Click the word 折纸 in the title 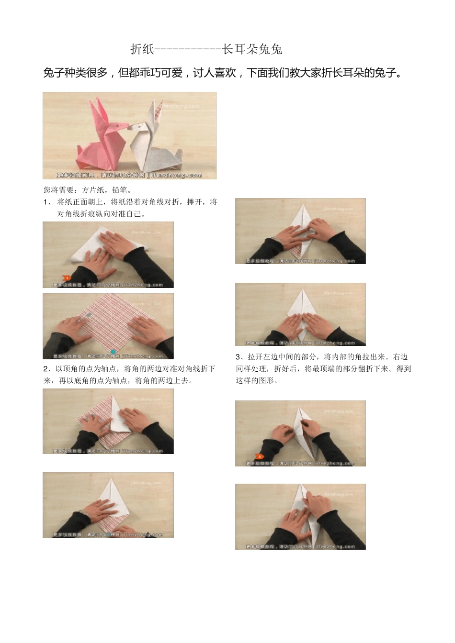[142, 49]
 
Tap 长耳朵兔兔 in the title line [252, 49]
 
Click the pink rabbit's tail [81, 152]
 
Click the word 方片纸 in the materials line [93, 190]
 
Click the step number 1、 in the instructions [48, 202]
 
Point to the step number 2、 [48, 369]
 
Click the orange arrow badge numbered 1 [67, 278]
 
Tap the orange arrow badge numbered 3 [259, 456]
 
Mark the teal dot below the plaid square [113, 352]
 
